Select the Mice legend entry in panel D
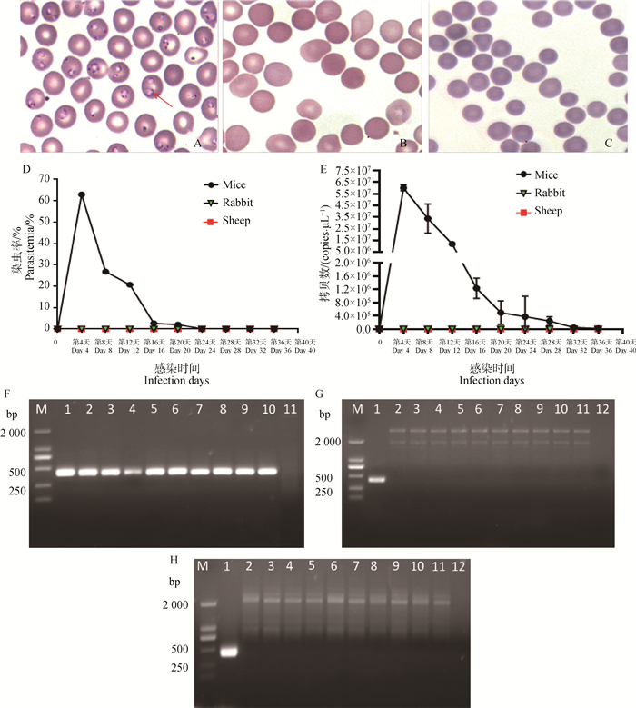pos(222,184)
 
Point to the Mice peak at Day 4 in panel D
pos(81,194)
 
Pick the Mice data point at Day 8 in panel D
pos(105,272)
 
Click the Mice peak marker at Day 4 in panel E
pos(402,188)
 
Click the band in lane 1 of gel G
pos(376,479)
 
